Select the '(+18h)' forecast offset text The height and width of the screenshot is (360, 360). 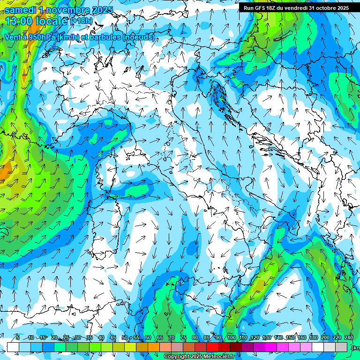[x=81, y=21]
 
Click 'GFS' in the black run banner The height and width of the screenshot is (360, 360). [x=260, y=8]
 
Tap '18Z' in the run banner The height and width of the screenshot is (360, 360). [x=273, y=8]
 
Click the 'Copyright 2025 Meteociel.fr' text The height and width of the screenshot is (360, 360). [x=199, y=357]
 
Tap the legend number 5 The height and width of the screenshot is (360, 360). [x=18, y=338]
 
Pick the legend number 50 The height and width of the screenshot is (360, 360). [x=125, y=338]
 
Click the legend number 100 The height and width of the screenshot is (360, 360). [x=232, y=338]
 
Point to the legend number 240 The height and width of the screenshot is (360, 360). [x=349, y=338]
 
